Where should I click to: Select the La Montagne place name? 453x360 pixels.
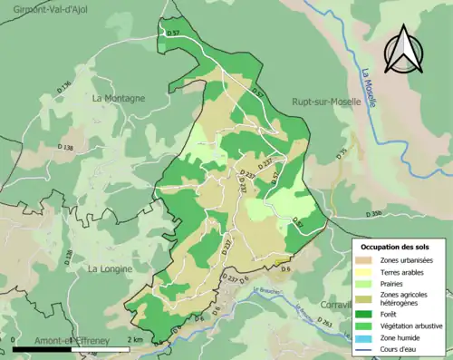118,98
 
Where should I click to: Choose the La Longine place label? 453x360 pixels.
112,269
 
